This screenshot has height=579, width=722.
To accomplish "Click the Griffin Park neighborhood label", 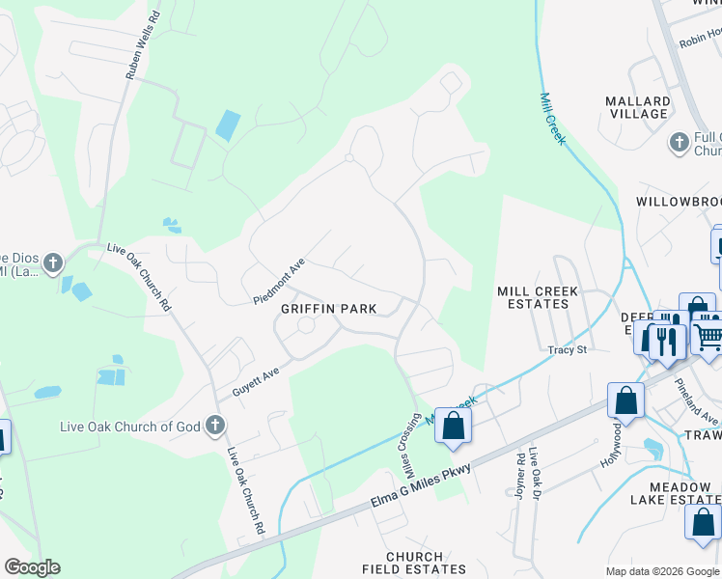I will click(x=328, y=309).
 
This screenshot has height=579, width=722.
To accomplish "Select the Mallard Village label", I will click(x=638, y=107).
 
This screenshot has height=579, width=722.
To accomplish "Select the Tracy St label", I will click(x=568, y=349).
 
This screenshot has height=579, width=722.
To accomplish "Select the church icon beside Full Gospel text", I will click(x=680, y=143).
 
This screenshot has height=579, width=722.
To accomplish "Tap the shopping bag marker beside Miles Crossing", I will click(x=453, y=426).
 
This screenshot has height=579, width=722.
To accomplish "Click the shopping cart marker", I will click(x=708, y=334).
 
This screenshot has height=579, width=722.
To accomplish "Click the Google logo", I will click(x=32, y=567).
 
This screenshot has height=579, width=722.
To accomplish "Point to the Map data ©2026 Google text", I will click(x=662, y=571).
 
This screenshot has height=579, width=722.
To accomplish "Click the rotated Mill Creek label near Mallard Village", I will click(x=553, y=120).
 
